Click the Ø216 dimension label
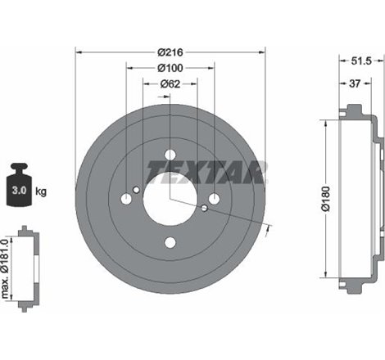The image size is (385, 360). tap(170, 52)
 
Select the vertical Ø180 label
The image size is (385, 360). tap(325, 199)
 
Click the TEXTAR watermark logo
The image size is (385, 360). tap(206, 172)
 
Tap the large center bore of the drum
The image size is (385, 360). tap(170, 198)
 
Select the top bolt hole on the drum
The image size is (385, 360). tap(170, 155)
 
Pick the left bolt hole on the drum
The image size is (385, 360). tap(127, 199)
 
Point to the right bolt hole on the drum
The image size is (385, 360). tap(214, 199)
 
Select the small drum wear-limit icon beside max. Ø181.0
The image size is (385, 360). tap(26, 262)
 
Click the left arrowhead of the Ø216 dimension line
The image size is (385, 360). tap(79, 52)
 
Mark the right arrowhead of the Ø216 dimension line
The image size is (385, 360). tap(264, 52)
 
